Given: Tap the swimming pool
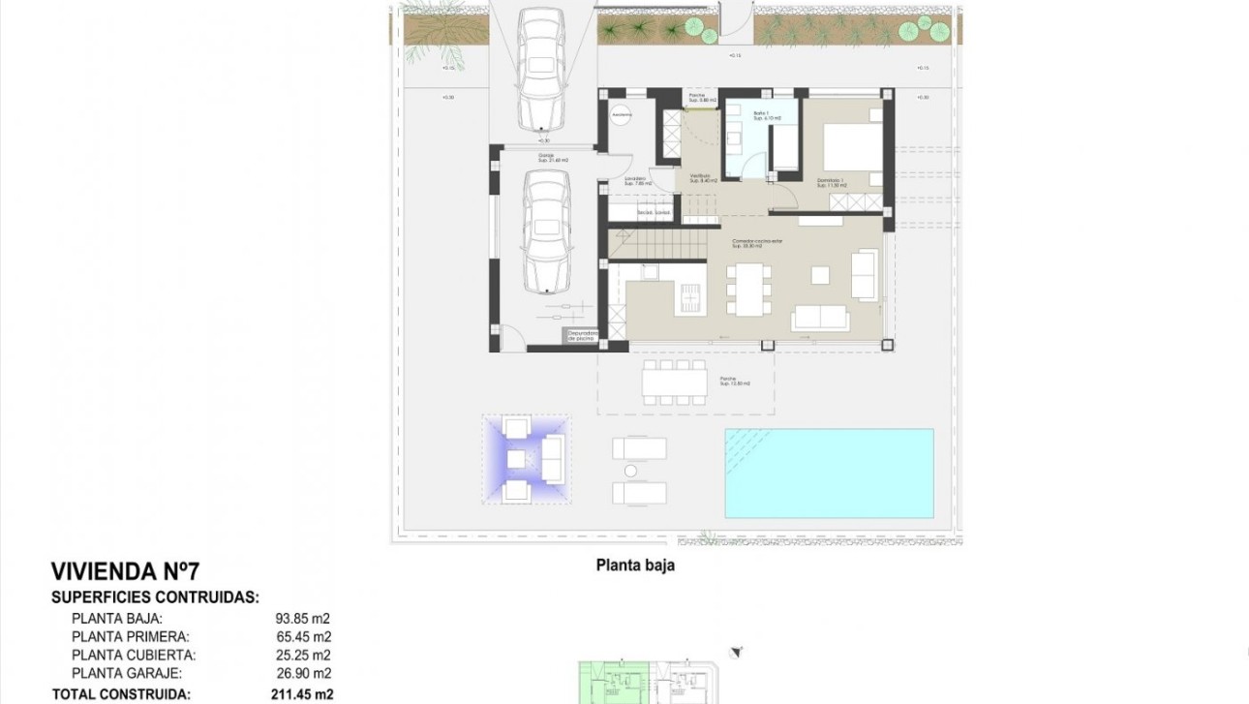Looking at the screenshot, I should click(829, 473).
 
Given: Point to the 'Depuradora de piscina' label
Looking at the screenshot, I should click(581, 335).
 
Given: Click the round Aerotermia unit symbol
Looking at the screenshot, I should click(621, 115).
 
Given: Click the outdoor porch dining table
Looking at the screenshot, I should click(674, 382).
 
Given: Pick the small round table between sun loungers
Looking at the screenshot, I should click(630, 471).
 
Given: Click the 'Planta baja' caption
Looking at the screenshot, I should click(635, 566).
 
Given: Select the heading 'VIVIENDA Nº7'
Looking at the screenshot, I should click(125, 571).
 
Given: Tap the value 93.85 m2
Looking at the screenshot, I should click(304, 618).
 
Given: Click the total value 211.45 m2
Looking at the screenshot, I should click(302, 693).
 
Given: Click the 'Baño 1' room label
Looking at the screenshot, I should click(761, 115).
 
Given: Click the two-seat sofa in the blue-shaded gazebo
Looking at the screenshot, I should click(553, 458).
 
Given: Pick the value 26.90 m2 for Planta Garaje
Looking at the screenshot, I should click(304, 673).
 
